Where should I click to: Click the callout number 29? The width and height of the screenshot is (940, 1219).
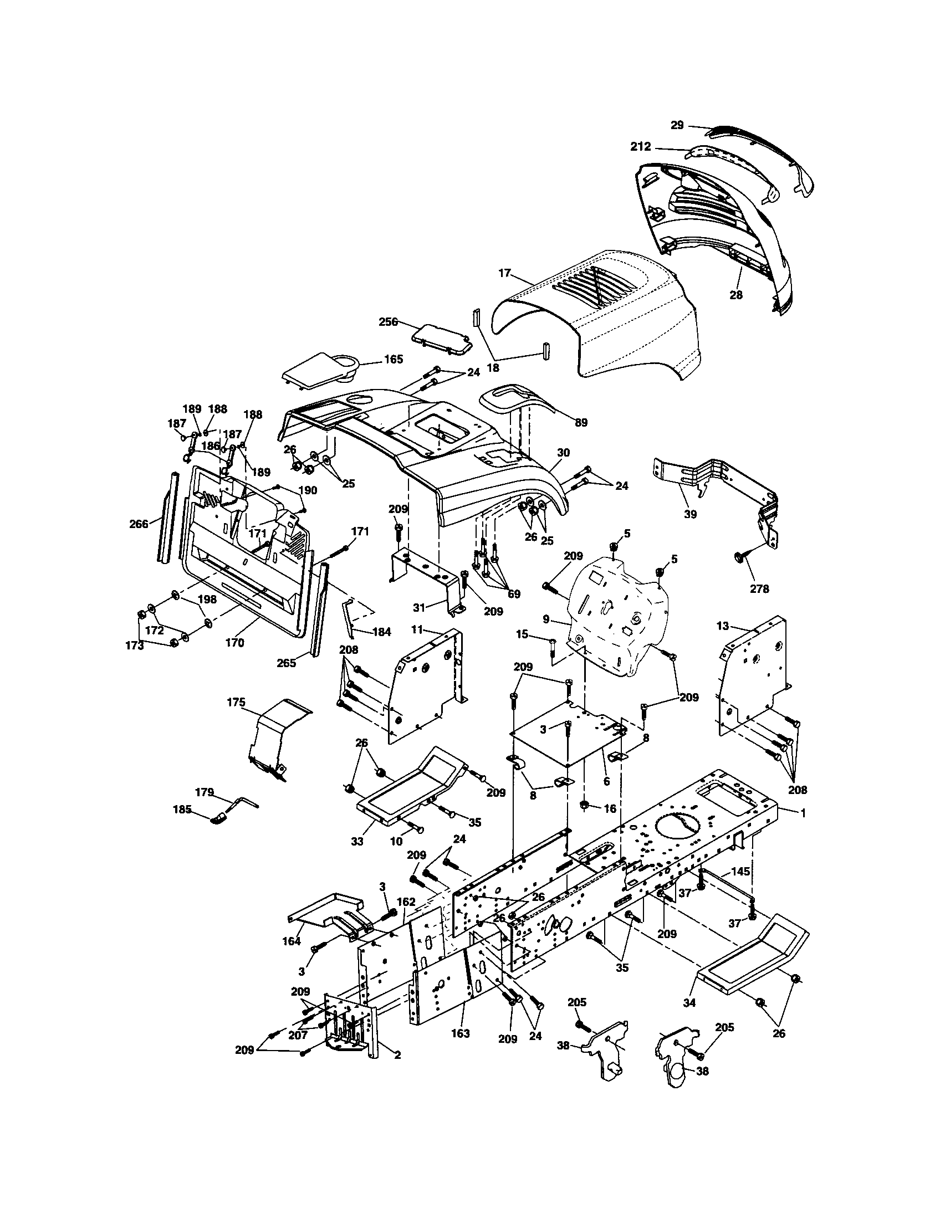click(677, 126)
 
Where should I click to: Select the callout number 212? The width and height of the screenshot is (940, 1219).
click(640, 147)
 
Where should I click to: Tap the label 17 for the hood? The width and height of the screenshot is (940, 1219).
click(504, 274)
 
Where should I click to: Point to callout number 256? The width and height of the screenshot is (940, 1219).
click(388, 322)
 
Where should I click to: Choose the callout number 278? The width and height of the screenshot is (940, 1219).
click(759, 588)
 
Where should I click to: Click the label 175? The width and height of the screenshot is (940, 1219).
click(236, 702)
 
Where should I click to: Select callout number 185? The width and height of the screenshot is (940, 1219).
click(182, 809)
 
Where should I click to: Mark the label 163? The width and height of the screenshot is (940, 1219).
click(461, 1033)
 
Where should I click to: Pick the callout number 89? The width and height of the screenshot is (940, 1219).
click(580, 423)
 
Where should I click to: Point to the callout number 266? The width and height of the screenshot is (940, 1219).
click(139, 524)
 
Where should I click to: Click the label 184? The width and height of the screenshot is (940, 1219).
click(381, 632)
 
